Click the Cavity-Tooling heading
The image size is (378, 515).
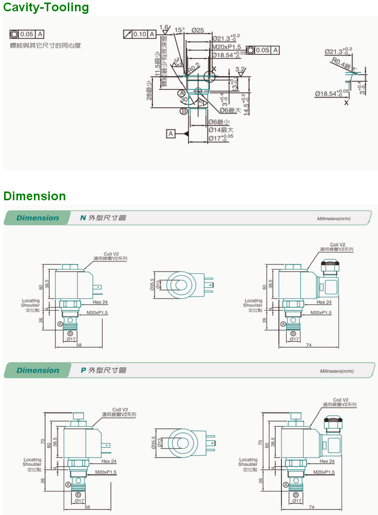[46, 7]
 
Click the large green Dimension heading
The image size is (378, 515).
[34, 196]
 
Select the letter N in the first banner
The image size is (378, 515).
[83, 218]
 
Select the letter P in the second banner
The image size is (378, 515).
[83, 370]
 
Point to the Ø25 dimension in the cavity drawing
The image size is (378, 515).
[198, 30]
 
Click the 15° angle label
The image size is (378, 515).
[179, 30]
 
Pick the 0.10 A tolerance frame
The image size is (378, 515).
[140, 34]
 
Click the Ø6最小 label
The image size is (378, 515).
[219, 122]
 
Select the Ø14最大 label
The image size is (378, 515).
[220, 130]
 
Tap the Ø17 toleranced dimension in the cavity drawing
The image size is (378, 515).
[220, 139]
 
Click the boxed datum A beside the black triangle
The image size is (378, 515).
[171, 133]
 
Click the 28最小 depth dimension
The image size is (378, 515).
[148, 90]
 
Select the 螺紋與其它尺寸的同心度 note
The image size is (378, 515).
[46, 46]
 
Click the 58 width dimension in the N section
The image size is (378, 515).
[79, 345]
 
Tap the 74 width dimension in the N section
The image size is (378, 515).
[309, 345]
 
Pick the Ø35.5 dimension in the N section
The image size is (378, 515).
[153, 285]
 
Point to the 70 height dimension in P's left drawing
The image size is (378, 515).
[45, 441]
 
